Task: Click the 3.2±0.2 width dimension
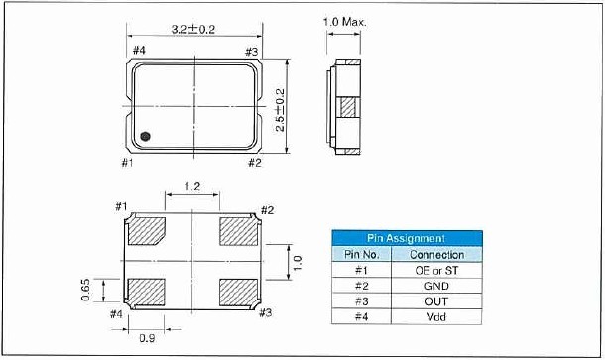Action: [x=193, y=30]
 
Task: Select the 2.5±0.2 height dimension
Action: [x=280, y=110]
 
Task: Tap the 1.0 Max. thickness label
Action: [x=344, y=22]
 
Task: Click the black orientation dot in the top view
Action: [x=145, y=136]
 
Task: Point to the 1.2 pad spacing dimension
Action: [x=192, y=187]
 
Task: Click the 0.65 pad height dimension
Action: [x=85, y=290]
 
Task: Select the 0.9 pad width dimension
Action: [x=147, y=338]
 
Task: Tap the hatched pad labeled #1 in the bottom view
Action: [x=146, y=231]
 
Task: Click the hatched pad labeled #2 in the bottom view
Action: [x=238, y=231]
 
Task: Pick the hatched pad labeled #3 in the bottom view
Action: [x=238, y=293]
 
